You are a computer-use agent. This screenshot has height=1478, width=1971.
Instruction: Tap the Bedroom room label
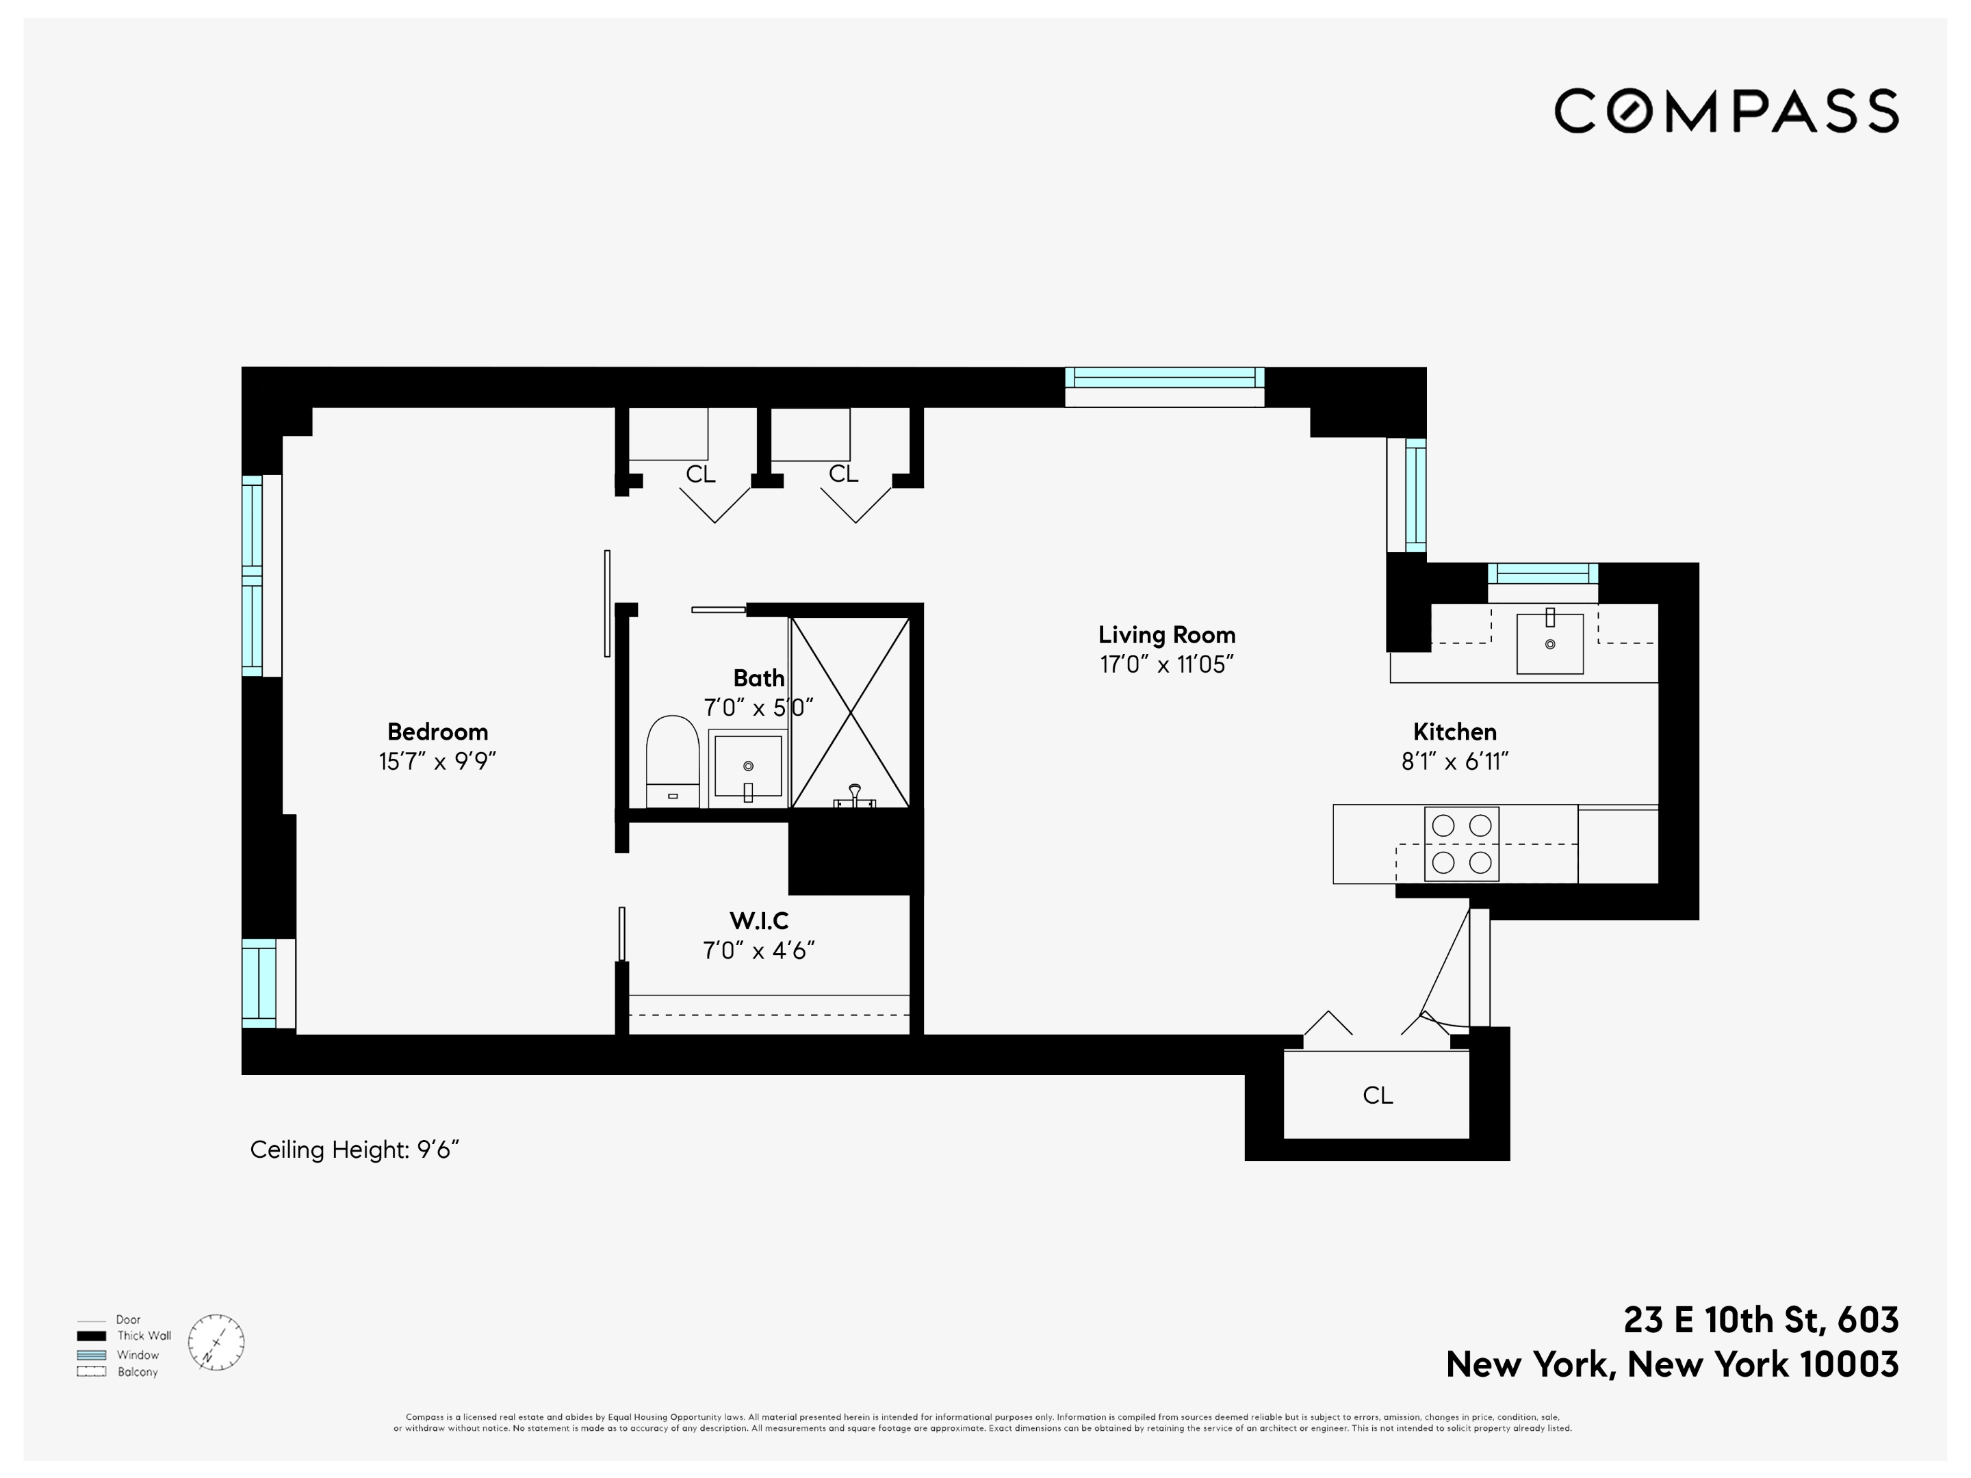[x=437, y=731]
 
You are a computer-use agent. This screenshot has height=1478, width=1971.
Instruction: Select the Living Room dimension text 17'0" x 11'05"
[x=1166, y=664]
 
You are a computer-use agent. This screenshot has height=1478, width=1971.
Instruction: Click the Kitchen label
[x=1454, y=731]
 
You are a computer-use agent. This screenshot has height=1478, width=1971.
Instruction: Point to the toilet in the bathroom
[x=672, y=760]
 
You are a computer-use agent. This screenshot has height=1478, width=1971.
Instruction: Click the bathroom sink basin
[x=747, y=765]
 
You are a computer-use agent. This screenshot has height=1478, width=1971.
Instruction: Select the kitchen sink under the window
[x=1549, y=643]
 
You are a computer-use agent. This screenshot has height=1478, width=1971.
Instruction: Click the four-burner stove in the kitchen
[x=1461, y=844]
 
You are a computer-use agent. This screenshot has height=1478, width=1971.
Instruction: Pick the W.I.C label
[x=758, y=920]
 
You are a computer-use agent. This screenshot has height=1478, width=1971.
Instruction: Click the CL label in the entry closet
[x=1377, y=1095]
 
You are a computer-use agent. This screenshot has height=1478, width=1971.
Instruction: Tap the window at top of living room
[x=1165, y=378]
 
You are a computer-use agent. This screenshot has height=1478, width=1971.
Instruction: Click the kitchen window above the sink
[x=1543, y=573]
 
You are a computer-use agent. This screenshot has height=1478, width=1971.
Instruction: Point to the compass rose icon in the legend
[x=216, y=1342]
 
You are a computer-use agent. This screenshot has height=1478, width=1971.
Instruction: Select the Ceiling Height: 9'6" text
[x=354, y=1150]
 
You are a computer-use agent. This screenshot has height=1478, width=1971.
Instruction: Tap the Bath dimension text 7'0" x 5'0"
[x=758, y=708]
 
